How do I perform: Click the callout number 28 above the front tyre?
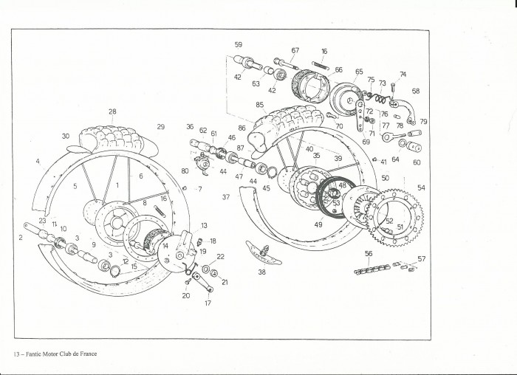coord(112,112)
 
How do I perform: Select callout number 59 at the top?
coord(238,45)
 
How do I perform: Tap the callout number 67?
coord(295,50)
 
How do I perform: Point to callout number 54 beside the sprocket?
coord(422,188)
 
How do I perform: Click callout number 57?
coord(422,259)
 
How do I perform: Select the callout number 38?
coord(261,272)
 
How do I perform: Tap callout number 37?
coord(226,197)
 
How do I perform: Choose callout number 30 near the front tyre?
coord(65,137)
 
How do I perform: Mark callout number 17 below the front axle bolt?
coord(208,303)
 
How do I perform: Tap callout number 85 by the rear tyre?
coord(260,105)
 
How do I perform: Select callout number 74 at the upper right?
coord(403,75)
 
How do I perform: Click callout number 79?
coord(424,122)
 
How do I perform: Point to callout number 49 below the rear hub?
coord(318,224)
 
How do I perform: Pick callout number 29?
coord(160,128)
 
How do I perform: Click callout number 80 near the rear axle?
coord(185,171)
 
